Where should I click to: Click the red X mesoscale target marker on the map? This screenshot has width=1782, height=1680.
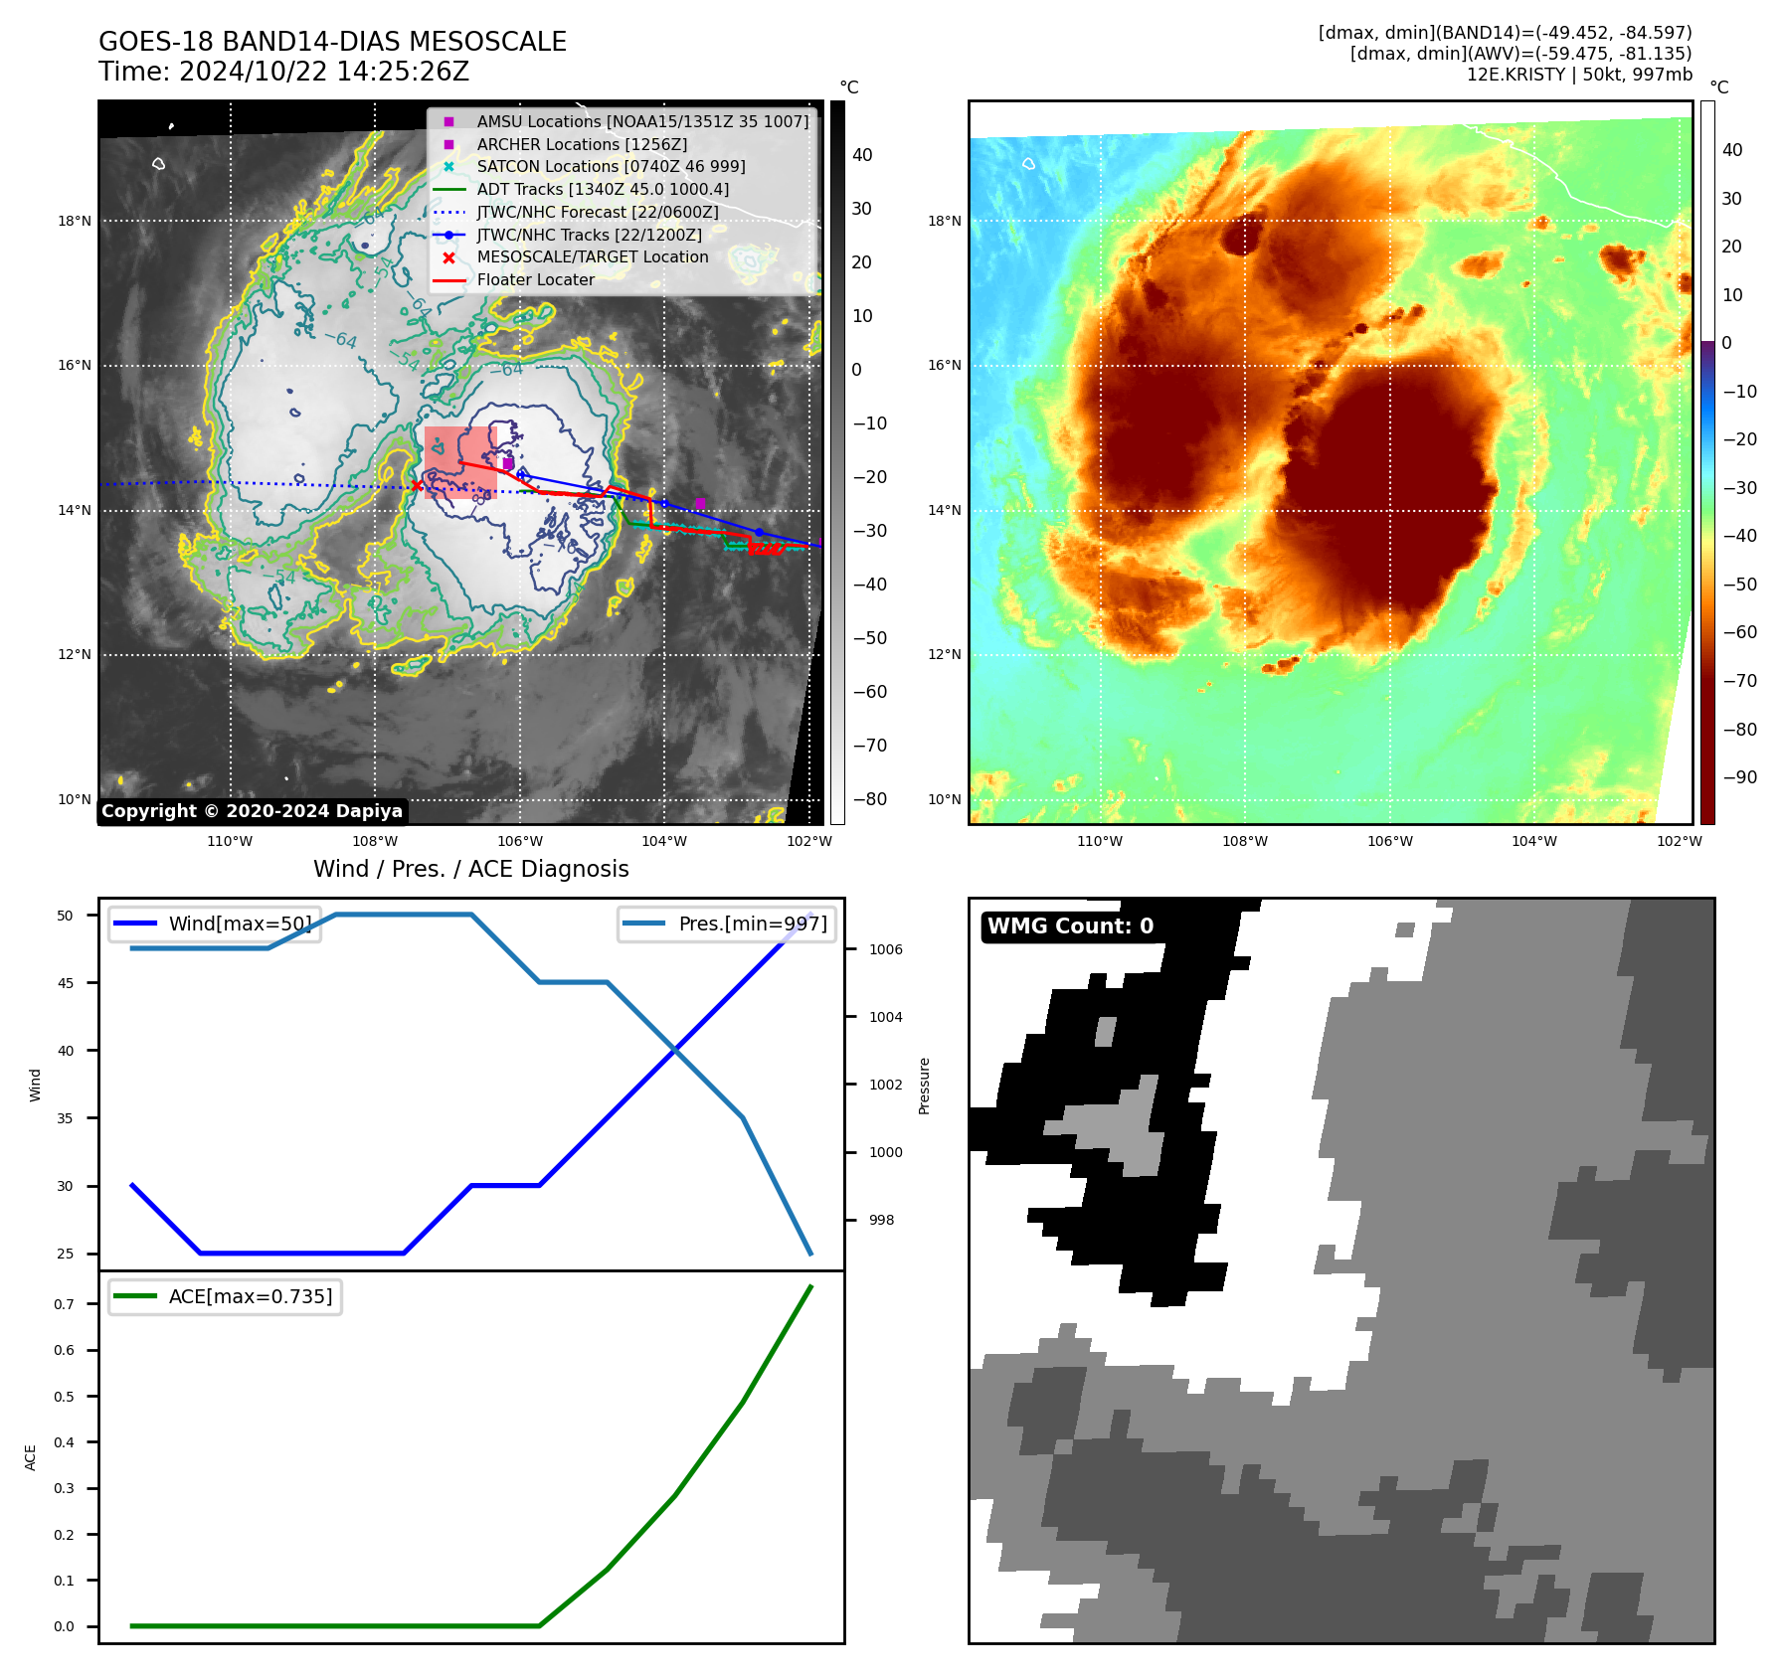click(416, 485)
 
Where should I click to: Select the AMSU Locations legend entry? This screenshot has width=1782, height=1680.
click(642, 121)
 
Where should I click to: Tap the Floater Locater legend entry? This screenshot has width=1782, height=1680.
click(535, 280)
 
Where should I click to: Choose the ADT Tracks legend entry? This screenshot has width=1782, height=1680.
click(603, 189)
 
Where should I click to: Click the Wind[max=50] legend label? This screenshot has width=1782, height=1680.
click(240, 924)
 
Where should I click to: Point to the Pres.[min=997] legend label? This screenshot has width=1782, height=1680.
click(752, 924)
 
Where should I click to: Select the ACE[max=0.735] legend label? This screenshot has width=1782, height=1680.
click(251, 1296)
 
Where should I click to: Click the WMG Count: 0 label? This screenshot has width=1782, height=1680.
click(1070, 926)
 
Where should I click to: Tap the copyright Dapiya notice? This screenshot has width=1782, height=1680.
click(252, 811)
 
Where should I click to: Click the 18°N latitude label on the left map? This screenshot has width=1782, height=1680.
click(75, 221)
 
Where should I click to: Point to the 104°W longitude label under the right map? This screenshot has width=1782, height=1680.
click(1534, 841)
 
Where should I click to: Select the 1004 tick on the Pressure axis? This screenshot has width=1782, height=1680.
click(885, 1017)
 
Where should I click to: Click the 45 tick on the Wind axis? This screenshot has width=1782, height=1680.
click(66, 983)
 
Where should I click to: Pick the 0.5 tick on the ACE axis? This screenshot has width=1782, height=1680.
click(64, 1397)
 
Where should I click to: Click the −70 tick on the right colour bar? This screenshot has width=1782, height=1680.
click(1740, 681)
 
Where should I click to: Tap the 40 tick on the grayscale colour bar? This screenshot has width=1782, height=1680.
click(862, 155)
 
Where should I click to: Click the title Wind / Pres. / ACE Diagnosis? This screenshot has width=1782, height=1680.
click(470, 869)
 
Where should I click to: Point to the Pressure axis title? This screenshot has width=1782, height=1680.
click(924, 1086)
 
